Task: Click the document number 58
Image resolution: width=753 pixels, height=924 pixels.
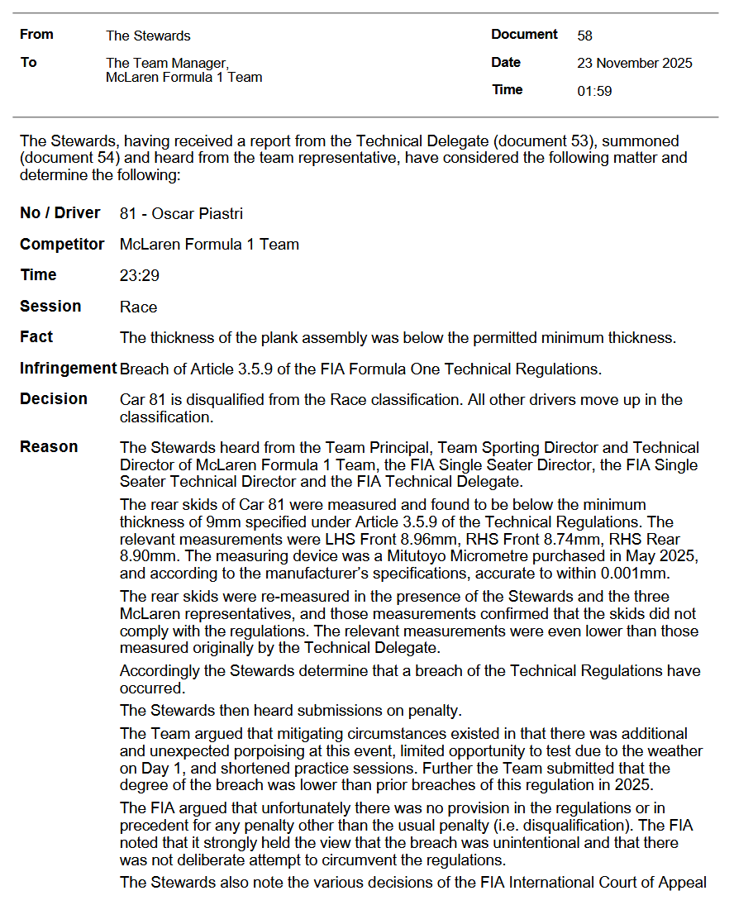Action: (x=584, y=36)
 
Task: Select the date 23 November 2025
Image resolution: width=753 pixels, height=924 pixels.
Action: (x=634, y=64)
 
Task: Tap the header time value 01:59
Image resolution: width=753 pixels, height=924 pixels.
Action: (x=594, y=92)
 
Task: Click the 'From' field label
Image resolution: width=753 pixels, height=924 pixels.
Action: (x=36, y=35)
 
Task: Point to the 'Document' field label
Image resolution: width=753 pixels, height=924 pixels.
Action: (x=524, y=35)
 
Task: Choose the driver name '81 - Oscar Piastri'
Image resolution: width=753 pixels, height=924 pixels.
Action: (x=181, y=214)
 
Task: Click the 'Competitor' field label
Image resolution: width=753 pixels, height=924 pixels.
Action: (x=62, y=245)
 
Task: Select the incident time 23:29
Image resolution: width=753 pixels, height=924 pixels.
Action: (x=139, y=276)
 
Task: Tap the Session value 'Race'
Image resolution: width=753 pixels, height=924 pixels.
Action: (x=138, y=307)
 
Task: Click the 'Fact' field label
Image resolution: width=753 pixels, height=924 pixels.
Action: (x=36, y=337)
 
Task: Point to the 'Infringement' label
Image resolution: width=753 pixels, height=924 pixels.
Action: (x=68, y=369)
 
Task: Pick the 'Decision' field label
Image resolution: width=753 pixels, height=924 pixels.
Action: (x=54, y=399)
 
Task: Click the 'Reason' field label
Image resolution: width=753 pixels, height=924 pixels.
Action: (x=49, y=447)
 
